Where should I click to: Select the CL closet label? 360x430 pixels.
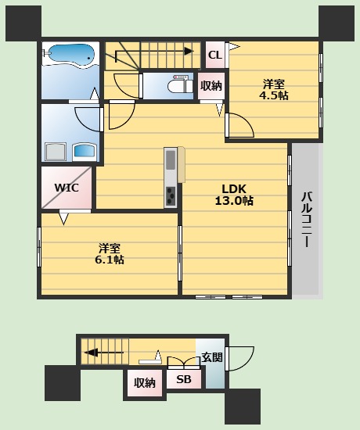click(215, 56)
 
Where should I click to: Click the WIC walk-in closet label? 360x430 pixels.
click(67, 188)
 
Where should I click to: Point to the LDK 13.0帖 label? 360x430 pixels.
click(234, 195)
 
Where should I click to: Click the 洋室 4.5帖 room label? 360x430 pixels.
click(274, 89)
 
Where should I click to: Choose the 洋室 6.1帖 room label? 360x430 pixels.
click(110, 253)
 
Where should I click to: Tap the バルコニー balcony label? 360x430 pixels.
click(307, 220)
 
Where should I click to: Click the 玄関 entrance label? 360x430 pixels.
click(212, 357)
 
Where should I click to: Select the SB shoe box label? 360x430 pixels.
click(184, 379)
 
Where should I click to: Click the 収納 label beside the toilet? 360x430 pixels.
click(211, 86)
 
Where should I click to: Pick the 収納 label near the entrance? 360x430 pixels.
click(145, 383)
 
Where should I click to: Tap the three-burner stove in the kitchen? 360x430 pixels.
click(171, 195)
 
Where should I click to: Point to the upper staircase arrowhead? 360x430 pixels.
click(189, 52)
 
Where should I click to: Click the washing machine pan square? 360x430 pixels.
click(56, 152)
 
